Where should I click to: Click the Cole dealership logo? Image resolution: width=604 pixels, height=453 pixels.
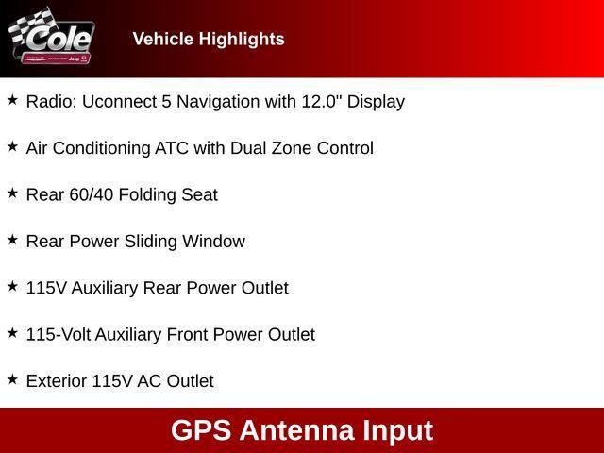51,39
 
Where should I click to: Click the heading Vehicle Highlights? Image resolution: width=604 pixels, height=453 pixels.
209,39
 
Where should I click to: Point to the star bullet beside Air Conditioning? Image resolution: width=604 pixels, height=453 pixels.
12,146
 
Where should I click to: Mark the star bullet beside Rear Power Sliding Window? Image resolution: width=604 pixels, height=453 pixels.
12,240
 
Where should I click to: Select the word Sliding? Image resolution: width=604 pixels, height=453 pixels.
153,241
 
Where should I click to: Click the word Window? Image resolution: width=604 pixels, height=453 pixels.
215,241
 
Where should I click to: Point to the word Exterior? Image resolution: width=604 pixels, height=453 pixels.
56,381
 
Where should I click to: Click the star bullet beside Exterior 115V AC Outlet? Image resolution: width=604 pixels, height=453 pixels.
12,379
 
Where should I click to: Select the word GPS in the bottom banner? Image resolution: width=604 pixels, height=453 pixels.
201,430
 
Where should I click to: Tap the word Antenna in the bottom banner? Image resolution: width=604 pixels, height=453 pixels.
296,430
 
